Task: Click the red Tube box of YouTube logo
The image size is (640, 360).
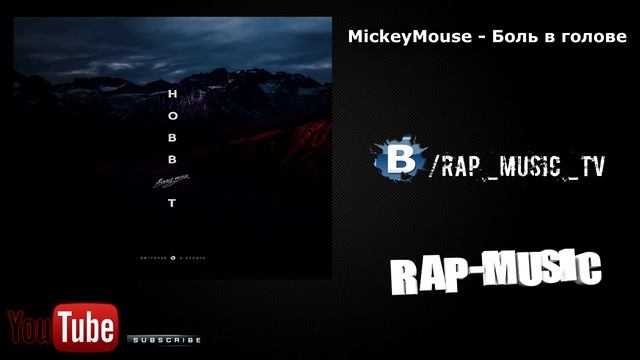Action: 87,325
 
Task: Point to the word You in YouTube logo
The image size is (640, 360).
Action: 30,326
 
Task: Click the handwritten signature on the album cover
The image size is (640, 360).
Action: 173,180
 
